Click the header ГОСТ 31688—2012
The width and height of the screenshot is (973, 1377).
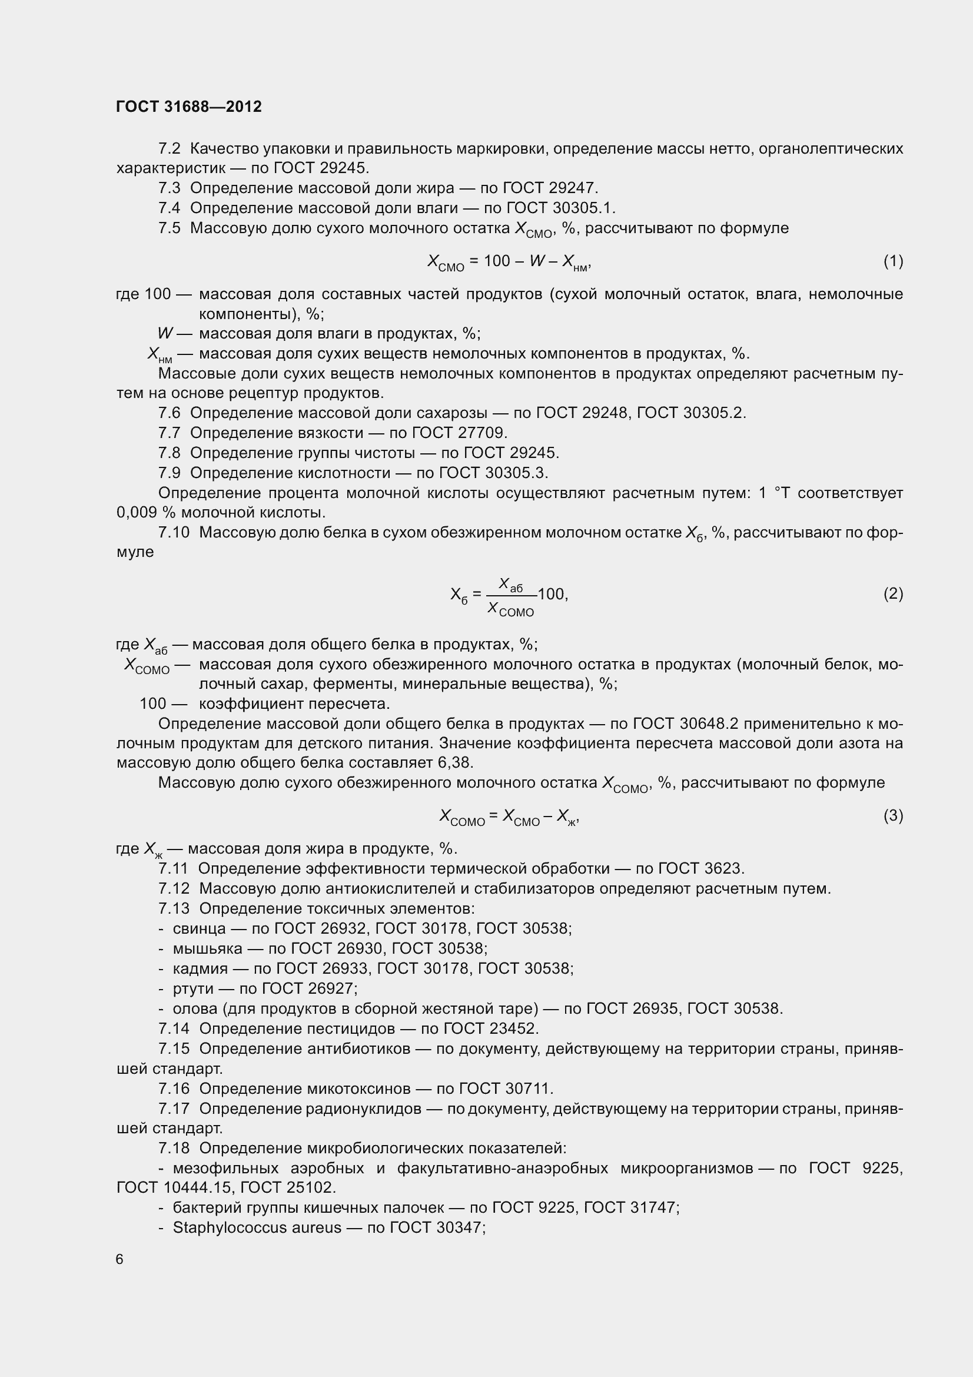tap(189, 107)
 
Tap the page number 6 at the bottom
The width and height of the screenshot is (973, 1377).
tap(120, 1259)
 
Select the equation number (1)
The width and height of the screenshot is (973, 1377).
tap(893, 261)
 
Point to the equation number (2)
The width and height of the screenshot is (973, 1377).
tap(893, 594)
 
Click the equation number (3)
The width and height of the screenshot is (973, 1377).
tap(893, 815)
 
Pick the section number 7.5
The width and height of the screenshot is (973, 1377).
tap(169, 228)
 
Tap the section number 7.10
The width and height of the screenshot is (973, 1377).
tap(174, 533)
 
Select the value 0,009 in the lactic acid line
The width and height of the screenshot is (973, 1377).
tap(137, 513)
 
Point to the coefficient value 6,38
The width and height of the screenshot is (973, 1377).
tap(455, 763)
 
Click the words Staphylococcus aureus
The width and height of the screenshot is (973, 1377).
tap(257, 1227)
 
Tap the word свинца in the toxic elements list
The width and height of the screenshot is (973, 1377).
tap(199, 928)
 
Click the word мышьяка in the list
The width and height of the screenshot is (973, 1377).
tap(207, 948)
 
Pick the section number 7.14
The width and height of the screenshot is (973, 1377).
tap(174, 1028)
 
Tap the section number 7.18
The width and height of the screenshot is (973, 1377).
tap(174, 1148)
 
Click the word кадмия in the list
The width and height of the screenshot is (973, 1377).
tap(200, 968)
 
